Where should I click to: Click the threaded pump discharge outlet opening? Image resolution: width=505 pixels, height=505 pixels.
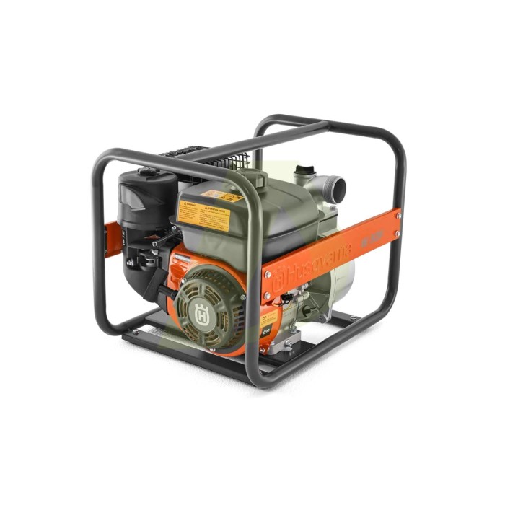click(x=335, y=188)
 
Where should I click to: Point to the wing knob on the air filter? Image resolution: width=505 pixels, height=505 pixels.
click(x=148, y=172)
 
